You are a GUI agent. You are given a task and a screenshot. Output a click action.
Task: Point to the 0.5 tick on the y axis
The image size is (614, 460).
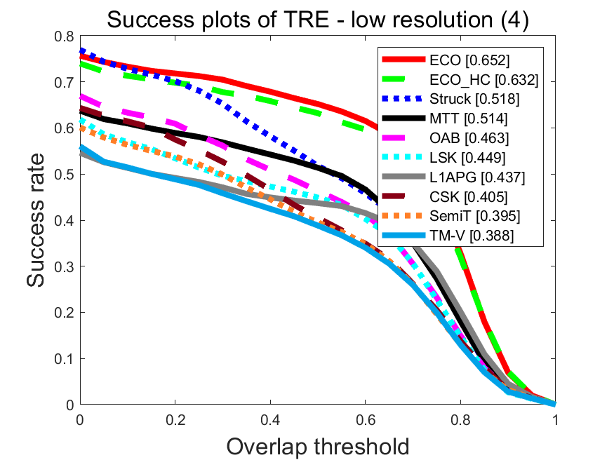tap(64, 175)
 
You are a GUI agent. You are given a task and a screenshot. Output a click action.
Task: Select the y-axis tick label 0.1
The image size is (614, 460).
tap(64, 359)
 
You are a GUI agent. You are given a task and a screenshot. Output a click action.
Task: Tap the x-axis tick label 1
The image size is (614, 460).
tap(555, 420)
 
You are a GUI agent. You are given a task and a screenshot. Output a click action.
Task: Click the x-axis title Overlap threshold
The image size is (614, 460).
tap(317, 446)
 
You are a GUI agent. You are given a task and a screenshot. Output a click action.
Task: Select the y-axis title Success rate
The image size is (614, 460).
tap(39, 220)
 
